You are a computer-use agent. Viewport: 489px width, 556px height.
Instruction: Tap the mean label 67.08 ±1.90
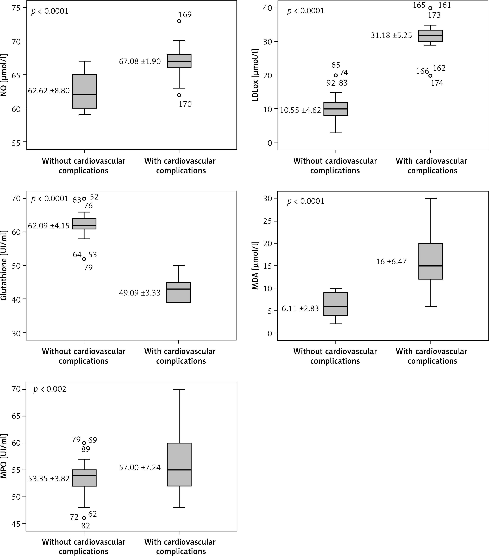[140, 61]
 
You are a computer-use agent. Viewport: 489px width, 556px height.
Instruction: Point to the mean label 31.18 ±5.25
[391, 36]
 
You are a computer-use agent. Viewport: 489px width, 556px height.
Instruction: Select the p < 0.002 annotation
[50, 389]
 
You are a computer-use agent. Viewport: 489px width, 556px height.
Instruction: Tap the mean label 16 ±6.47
[391, 262]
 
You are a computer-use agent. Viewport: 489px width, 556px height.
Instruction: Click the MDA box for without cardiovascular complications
[336, 304]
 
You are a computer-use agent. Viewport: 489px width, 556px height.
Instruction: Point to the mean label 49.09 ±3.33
[140, 293]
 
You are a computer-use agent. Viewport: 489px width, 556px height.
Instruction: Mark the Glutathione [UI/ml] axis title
[4, 265]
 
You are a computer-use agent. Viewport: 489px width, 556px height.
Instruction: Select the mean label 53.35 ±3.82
[49, 479]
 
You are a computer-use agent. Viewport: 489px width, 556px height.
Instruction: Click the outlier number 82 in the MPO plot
[86, 526]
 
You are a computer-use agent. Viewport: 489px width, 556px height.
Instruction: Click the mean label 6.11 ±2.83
[300, 309]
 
